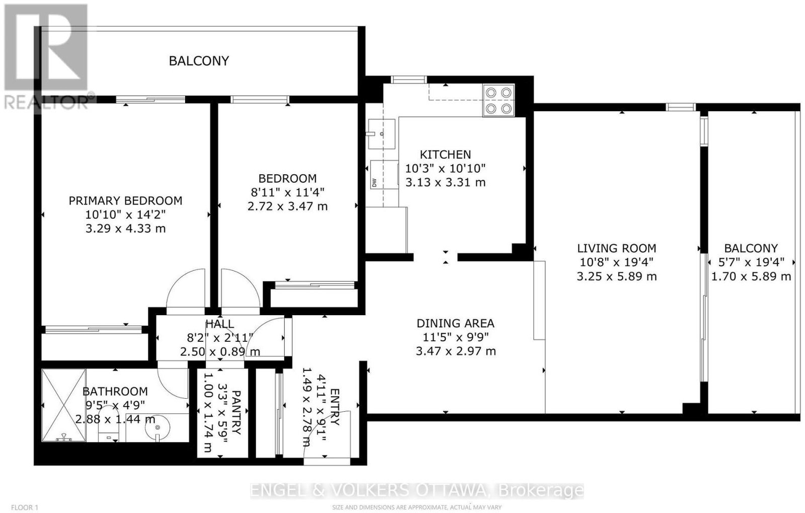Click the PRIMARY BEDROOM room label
125,200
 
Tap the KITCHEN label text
445,155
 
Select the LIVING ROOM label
617,248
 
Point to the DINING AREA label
455,323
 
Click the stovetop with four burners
499,100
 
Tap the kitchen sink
382,134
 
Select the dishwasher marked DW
384,174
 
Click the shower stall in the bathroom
64,405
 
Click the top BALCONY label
199,61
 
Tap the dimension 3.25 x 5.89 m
617,276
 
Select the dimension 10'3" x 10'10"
445,168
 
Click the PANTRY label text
236,413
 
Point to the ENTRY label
334,407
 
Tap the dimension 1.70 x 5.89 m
751,276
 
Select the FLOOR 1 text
25,507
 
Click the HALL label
219,324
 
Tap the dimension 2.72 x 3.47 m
287,206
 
